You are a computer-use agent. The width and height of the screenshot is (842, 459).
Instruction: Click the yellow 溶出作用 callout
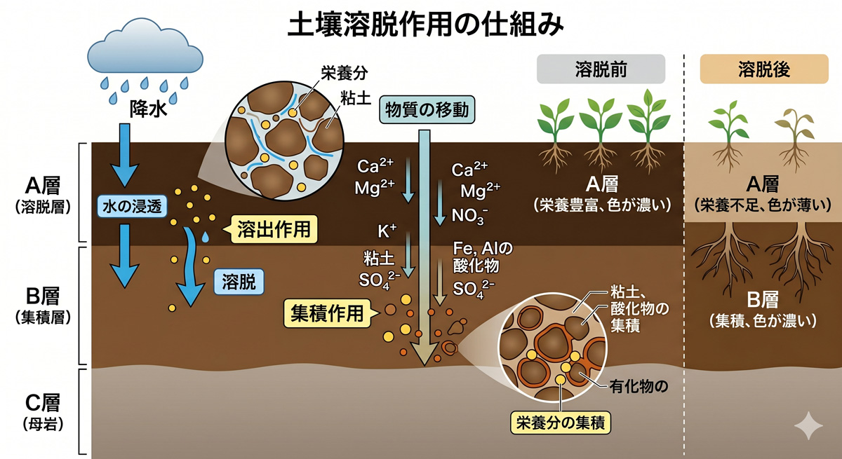(271, 228)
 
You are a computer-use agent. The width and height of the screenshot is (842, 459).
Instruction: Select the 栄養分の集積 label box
(560, 422)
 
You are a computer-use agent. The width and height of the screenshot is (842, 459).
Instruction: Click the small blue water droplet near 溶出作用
(205, 238)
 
